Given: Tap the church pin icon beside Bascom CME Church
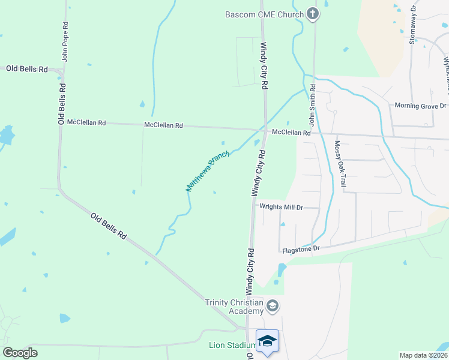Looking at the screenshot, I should coord(312,14).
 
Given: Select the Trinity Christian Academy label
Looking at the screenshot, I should coord(234,307).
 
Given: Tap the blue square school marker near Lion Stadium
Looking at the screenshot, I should coord(267,342).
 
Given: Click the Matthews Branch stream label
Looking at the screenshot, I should coord(208,172).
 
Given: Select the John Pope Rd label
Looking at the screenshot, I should coord(65,42).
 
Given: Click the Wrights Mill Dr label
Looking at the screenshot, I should coord(281,207).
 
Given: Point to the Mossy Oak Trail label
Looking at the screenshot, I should coord(340,163).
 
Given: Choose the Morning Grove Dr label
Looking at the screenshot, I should coord(420,106).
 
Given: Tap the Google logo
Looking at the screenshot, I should coord(20,353).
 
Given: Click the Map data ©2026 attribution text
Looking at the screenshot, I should coord(423,355).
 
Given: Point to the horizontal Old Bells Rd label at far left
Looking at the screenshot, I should coord(26,69).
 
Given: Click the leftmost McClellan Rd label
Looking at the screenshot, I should coord(86,122).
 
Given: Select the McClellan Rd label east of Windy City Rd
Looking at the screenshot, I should coord(291,133).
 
